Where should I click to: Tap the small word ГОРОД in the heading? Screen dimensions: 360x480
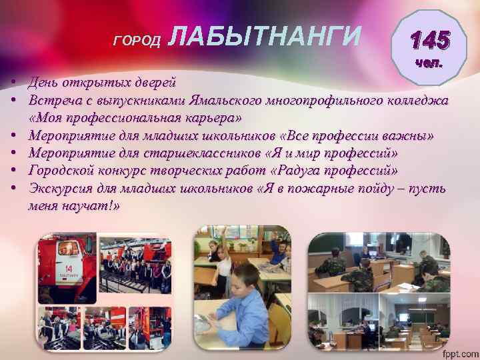point(137,42)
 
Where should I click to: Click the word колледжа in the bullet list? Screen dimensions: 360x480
point(418,101)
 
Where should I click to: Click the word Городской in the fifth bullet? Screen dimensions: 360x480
point(59,170)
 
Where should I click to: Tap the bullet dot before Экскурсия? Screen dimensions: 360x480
point(13,188)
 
